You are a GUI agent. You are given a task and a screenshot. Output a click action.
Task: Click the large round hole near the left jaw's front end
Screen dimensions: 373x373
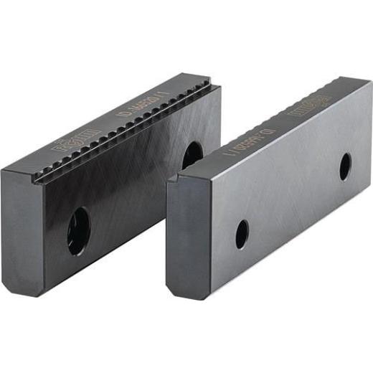(x=78, y=230)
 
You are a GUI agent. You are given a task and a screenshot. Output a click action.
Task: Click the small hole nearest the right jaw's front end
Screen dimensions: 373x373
(x=242, y=234)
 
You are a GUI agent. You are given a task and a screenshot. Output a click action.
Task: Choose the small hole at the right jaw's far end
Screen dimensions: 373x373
(x=345, y=166)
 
